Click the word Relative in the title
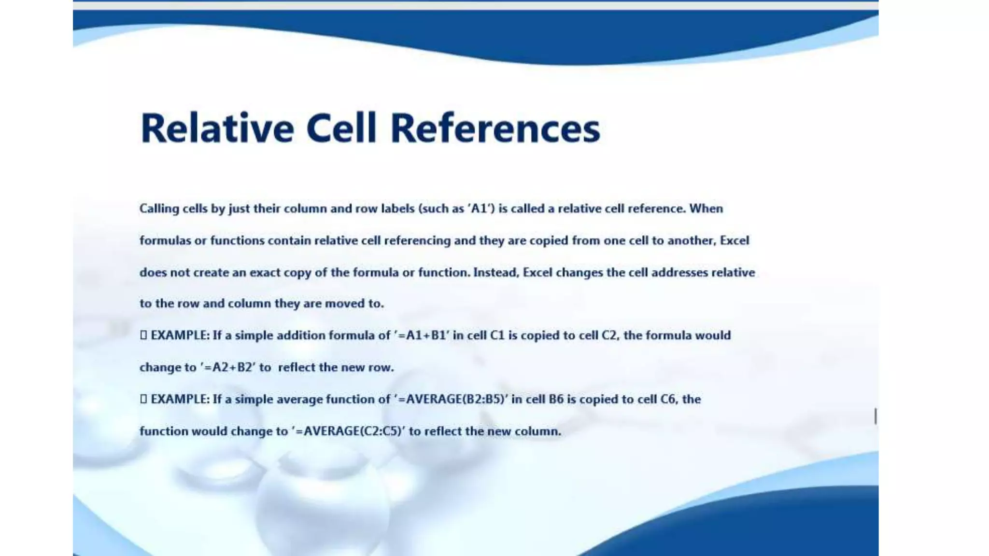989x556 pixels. point(217,128)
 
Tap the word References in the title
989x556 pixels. point(495,128)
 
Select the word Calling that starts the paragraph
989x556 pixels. point(159,209)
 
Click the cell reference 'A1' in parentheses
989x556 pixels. point(480,208)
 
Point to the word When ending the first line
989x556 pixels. point(706,208)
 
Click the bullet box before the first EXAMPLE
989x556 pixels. point(143,335)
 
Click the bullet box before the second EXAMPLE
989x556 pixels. point(143,399)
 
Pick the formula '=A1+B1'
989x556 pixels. point(422,335)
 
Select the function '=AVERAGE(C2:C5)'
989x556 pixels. point(348,431)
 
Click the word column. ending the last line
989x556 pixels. point(537,431)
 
